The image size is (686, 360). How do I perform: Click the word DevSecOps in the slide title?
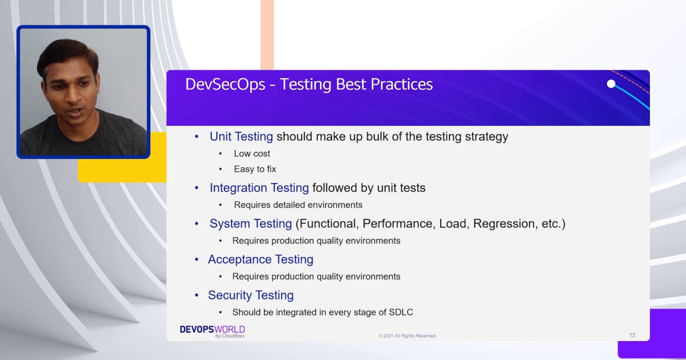pos(225,85)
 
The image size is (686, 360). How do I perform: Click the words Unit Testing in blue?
pos(241,137)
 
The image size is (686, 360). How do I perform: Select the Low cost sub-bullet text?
pos(252,154)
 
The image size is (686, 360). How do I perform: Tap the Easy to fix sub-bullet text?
pos(254,169)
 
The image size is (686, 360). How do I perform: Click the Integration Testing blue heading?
pos(259,188)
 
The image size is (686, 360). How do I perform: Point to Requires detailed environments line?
pos(298,205)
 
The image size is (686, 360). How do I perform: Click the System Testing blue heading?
pos(250,224)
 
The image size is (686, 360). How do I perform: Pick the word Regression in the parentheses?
pos(503,224)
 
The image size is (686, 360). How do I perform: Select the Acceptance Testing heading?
pos(260,259)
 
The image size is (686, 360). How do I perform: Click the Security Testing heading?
pos(250,295)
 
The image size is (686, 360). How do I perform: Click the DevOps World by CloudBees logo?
pos(212,331)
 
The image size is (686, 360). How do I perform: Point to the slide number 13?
pos(632,335)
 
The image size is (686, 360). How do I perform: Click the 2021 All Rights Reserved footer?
pos(407,336)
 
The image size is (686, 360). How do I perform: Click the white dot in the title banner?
pos(611,84)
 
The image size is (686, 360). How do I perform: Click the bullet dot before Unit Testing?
pos(197,137)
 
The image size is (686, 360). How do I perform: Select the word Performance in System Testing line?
pos(398,224)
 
